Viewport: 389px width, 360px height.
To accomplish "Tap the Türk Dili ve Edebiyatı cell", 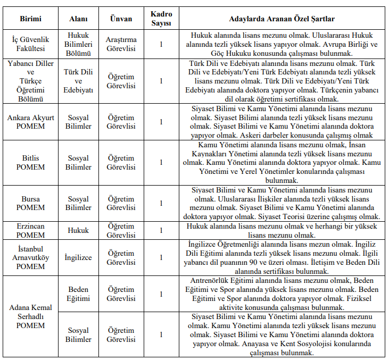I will tap(79, 81).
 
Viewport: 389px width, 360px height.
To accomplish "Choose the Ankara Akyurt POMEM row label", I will tap(30, 122).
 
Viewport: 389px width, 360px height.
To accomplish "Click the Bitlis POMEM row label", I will tap(30, 163).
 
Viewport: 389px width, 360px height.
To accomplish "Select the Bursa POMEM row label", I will tap(30, 203).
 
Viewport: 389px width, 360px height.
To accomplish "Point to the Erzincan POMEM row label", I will tap(30, 231).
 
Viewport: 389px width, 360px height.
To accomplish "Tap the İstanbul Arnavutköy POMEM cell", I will tap(30, 257).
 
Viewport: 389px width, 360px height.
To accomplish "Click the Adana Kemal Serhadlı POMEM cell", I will tap(30, 316).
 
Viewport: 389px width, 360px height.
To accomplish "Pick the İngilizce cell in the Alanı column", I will tap(79, 257).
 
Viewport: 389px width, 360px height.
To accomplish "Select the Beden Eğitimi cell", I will tap(79, 294).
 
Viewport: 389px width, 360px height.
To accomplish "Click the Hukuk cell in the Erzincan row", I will tap(79, 231).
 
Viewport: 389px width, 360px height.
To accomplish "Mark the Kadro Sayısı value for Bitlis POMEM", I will tap(161, 163).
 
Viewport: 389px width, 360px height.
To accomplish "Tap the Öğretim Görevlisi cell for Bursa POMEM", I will tap(121, 203).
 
